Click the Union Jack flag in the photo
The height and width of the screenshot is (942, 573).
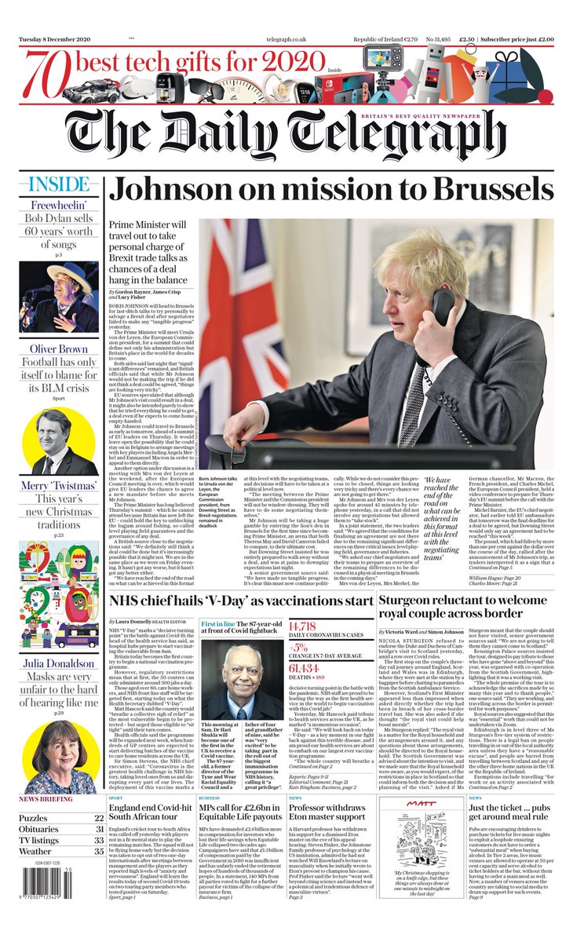pos(235,314)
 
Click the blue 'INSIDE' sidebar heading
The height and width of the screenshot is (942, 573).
pos(58,185)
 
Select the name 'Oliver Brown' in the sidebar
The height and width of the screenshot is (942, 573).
pos(58,349)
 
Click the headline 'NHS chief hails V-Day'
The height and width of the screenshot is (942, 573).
pos(239,601)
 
